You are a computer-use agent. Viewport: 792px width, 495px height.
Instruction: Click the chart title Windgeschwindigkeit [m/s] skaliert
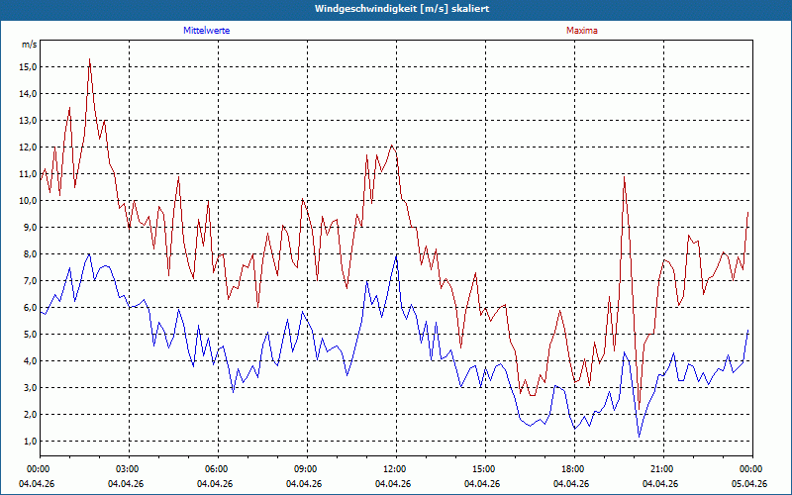pos(402,9)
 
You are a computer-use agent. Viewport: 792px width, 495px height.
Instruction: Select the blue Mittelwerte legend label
pos(207,31)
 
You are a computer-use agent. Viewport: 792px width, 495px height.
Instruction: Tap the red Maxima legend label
pos(582,31)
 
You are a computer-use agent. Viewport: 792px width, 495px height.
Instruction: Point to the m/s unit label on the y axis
pos(30,45)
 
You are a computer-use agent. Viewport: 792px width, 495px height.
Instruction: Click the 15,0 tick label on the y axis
pos(28,67)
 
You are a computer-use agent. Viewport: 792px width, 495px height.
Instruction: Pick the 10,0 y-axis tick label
pos(28,201)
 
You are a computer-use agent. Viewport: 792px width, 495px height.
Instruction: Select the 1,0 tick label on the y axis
pos(29,441)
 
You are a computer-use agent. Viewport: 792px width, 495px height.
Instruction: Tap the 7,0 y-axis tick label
pos(29,281)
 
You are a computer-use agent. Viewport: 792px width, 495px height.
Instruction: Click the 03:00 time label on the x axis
pos(130,469)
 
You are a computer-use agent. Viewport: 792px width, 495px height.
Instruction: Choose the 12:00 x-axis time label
pos(397,469)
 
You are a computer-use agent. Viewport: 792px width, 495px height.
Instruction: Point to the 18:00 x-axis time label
pos(575,469)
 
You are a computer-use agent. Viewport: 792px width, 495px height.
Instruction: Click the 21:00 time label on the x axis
pos(663,469)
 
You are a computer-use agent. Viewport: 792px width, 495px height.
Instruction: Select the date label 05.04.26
pos(749,483)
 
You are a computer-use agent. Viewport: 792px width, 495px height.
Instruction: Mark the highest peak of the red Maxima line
pos(89,59)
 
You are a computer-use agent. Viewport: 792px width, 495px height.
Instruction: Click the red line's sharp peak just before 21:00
pos(625,177)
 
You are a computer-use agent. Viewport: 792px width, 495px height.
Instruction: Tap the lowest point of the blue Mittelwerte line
pos(639,437)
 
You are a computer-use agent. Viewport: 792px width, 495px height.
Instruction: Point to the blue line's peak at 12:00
pos(397,255)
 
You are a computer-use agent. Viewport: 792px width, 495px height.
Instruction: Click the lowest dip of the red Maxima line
pos(639,409)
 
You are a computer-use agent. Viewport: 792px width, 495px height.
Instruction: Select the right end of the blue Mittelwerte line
pos(748,330)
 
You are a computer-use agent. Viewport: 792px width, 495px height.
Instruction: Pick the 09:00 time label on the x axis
pos(308,469)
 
